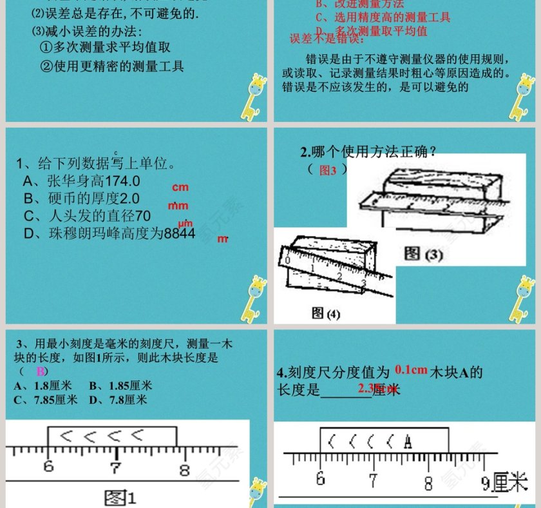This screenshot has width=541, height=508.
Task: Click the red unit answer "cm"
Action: pyautogui.click(x=180, y=188)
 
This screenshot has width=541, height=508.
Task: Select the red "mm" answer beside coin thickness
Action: pyautogui.click(x=178, y=206)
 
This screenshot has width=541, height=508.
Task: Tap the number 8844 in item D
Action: pyautogui.click(x=180, y=234)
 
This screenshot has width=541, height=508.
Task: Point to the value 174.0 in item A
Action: pyautogui.click(x=122, y=181)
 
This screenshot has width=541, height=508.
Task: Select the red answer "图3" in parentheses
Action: pyautogui.click(x=328, y=170)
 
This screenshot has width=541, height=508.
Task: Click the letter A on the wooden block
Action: pyautogui.click(x=408, y=442)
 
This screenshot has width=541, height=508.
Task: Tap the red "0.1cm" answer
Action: pyautogui.click(x=412, y=370)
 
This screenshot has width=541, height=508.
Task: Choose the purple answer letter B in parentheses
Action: pyautogui.click(x=41, y=371)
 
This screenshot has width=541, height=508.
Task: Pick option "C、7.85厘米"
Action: pyautogui.click(x=45, y=400)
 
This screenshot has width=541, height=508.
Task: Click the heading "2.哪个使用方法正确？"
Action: pyautogui.click(x=370, y=152)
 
